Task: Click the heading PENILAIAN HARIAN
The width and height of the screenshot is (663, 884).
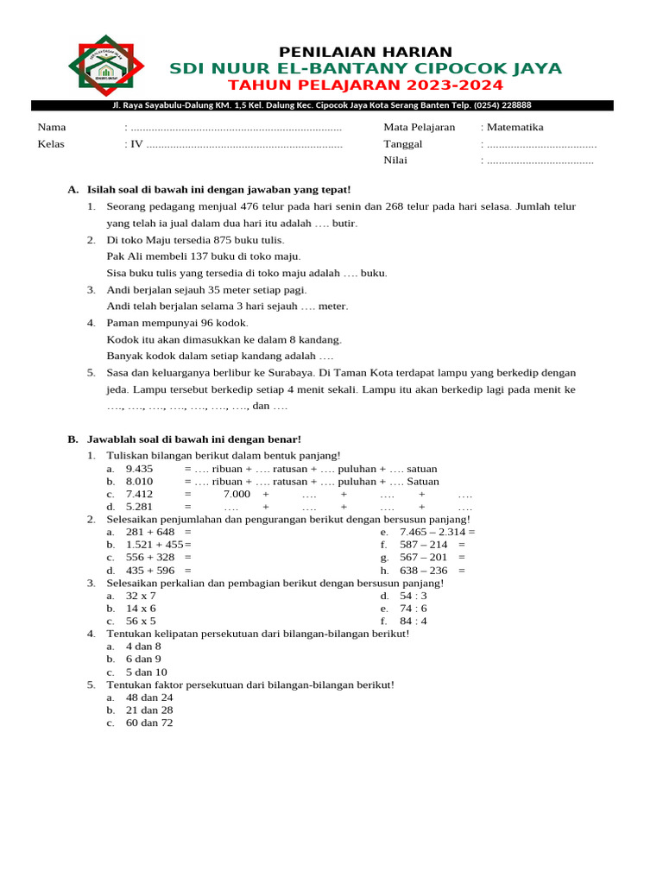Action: pyautogui.click(x=365, y=52)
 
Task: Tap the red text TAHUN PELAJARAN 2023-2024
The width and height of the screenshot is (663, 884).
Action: pyautogui.click(x=365, y=85)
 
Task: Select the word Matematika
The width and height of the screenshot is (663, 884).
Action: pyautogui.click(x=515, y=127)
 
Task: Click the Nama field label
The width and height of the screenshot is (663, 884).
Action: pyautogui.click(x=51, y=127)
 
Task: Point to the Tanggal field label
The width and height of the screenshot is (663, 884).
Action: pyautogui.click(x=403, y=143)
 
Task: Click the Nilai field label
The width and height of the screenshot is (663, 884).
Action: pyautogui.click(x=395, y=160)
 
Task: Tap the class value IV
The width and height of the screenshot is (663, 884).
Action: pyautogui.click(x=136, y=143)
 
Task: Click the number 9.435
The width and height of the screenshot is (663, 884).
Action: pyautogui.click(x=139, y=469)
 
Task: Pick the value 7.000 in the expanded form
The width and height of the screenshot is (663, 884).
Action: pyautogui.click(x=237, y=494)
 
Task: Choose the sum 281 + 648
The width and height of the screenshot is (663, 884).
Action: pyautogui.click(x=150, y=532)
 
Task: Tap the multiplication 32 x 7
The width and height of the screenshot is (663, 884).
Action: pyautogui.click(x=141, y=596)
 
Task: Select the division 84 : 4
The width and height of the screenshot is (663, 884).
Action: pyautogui.click(x=413, y=621)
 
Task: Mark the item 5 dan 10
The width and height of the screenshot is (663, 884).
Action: pyautogui.click(x=147, y=672)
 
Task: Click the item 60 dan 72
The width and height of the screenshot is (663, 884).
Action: pyautogui.click(x=149, y=723)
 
